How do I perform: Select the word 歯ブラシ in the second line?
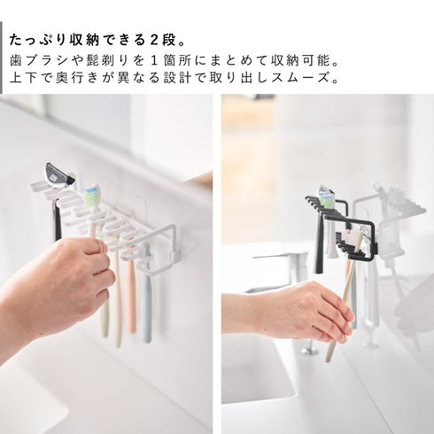point(35,63)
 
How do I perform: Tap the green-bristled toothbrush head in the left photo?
point(92,194)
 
